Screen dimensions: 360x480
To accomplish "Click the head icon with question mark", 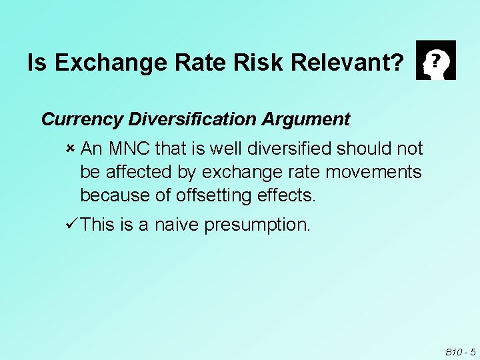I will [x=435, y=60].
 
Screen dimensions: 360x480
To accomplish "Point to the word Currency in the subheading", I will [x=81, y=119].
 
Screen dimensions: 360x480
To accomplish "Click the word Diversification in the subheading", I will [x=192, y=119].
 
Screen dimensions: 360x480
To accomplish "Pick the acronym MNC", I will [x=129, y=147].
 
